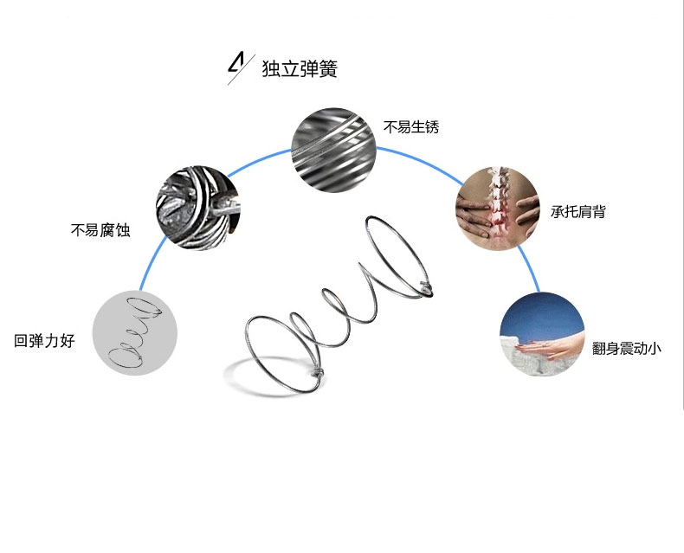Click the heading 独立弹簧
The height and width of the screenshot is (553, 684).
pos(299,68)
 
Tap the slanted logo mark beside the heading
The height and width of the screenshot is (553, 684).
pos(236,67)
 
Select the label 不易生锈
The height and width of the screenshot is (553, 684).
pos(411,126)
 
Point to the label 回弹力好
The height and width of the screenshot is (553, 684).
pos(45,341)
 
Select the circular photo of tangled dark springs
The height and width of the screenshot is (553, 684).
pos(197,208)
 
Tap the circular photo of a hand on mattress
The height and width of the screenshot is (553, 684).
pos(543,333)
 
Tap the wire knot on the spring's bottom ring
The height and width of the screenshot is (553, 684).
pos(318,375)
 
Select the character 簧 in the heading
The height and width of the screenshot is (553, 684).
pos(327,68)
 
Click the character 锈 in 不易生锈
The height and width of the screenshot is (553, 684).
pos(432,126)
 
